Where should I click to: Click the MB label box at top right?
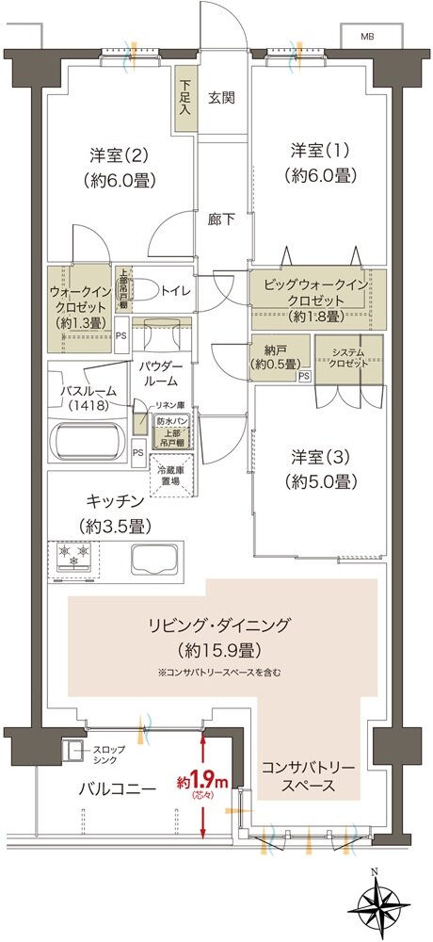tap(367, 37)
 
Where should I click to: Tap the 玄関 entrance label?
tap(221, 97)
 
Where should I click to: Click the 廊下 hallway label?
tap(221, 219)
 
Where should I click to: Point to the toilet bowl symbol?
tap(143, 291)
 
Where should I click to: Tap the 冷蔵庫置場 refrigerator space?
tap(173, 474)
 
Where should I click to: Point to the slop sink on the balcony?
tap(73, 752)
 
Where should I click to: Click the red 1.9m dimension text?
tap(203, 782)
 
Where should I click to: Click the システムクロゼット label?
tap(349, 357)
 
